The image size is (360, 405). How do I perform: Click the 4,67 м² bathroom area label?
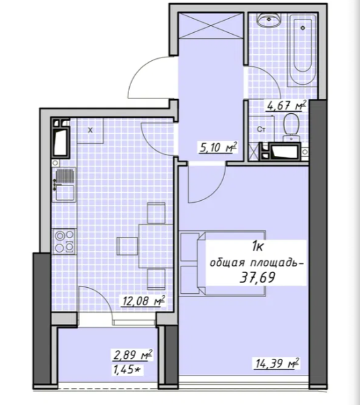tap(286, 105)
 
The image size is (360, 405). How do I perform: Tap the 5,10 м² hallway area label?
tap(218, 147)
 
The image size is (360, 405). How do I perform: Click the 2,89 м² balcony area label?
tap(132, 355)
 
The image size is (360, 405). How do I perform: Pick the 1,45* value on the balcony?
tap(128, 370)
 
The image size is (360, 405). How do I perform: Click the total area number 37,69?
tap(258, 278)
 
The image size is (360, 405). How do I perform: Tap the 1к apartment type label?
tap(258, 247)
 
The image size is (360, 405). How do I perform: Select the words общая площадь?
tap(255, 263)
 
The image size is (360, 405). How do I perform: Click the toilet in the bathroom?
tap(291, 127)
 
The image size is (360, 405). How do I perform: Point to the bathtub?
tap(302, 49)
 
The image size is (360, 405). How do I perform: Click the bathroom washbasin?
tap(269, 20)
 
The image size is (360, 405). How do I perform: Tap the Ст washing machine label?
tap(261, 129)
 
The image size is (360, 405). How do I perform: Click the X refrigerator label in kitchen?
tap(90, 131)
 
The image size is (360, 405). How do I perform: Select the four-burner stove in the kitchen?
tap(64, 241)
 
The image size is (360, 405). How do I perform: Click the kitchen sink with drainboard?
tap(64, 184)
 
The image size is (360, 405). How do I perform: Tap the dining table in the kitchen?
tap(155, 246)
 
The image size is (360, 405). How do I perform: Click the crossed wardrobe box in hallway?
tap(211, 25)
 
